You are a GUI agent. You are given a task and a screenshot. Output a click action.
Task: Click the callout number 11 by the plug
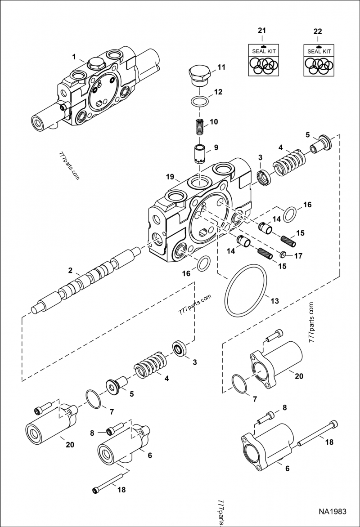221,67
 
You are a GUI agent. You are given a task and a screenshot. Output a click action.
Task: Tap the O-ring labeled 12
200,101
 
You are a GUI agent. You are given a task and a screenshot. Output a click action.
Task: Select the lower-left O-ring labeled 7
94,400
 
